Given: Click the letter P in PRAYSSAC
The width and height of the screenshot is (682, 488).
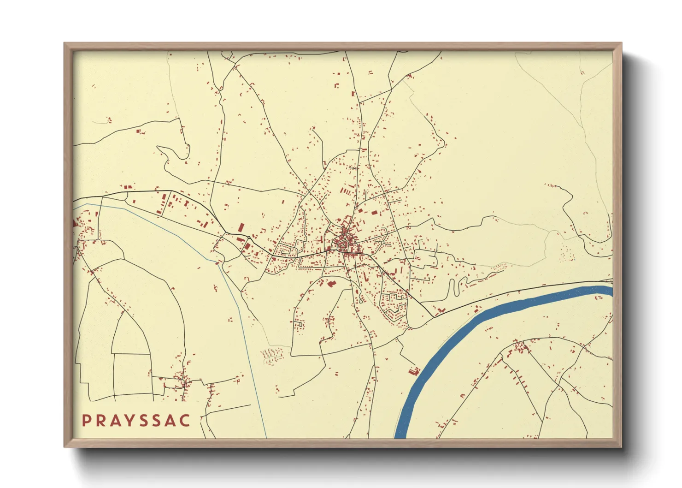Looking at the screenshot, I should tap(86, 421).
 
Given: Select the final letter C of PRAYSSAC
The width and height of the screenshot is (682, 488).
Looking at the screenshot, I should tap(185, 421).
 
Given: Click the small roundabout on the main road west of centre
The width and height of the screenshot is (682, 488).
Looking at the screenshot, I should tap(249, 238).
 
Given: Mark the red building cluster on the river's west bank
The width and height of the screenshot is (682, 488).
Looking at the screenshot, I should tap(413, 371).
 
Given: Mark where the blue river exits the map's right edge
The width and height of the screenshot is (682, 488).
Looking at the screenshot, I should tap(611, 291).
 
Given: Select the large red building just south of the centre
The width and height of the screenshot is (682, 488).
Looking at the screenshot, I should tap(330, 283).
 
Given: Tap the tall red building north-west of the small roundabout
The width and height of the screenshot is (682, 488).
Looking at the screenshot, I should tap(241, 227).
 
